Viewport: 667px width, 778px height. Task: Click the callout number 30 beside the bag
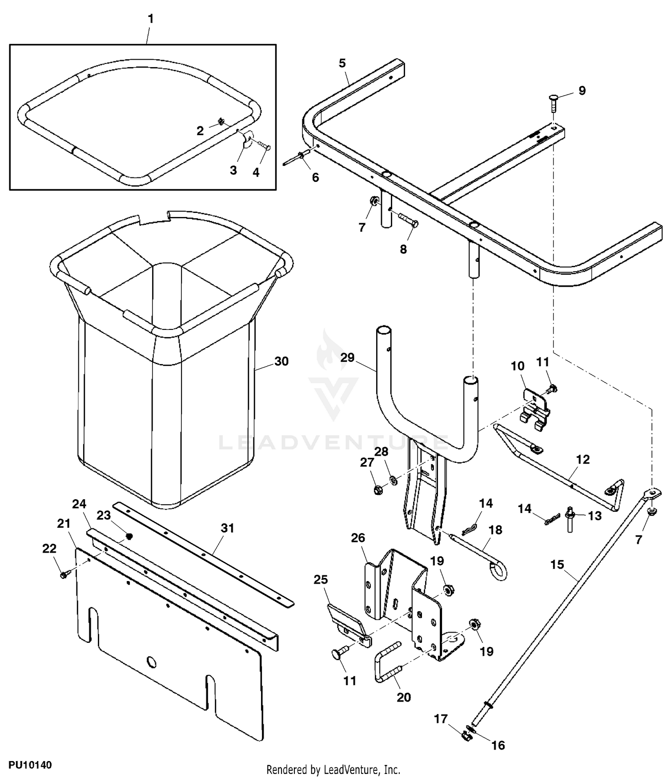[x=281, y=361]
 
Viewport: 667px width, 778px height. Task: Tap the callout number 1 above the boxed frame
[x=151, y=19]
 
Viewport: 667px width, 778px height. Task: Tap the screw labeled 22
[x=63, y=575]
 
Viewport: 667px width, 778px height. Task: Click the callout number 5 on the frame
[x=342, y=63]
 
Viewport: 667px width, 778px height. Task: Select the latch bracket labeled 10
[x=535, y=409]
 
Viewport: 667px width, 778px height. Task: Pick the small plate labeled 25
[x=348, y=625]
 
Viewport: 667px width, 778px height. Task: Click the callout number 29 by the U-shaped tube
[x=347, y=357]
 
